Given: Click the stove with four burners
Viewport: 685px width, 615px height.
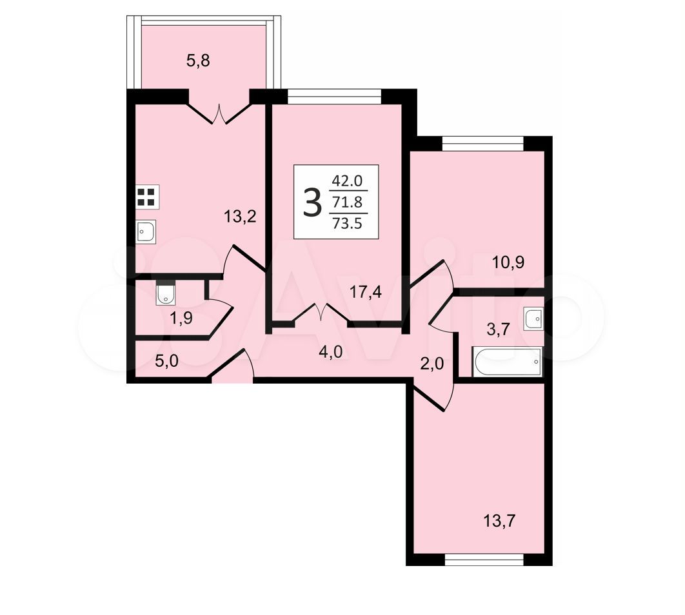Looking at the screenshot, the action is [x=147, y=197].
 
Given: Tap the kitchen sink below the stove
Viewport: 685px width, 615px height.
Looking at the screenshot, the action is [x=146, y=231].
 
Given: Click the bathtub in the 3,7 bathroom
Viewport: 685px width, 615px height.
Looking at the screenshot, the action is [x=507, y=362].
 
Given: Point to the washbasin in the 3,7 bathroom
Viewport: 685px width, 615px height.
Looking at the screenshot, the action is [x=533, y=318].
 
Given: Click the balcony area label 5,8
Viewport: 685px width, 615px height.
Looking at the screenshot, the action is [x=198, y=61].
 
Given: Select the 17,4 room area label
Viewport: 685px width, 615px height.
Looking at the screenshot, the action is [x=366, y=291].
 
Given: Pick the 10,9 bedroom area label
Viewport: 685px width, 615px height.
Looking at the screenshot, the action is [x=508, y=262].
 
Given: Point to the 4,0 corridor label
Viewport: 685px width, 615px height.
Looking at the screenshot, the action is [x=331, y=352].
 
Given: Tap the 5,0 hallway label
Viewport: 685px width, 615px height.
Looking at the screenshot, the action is [x=167, y=362].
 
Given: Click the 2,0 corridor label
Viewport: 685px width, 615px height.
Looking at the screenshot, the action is [x=432, y=363].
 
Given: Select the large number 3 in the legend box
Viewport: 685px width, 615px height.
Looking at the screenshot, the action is [x=312, y=202].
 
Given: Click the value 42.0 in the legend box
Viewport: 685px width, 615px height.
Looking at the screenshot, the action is [x=348, y=181].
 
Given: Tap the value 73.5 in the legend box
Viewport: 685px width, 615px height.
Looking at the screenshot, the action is [x=348, y=223].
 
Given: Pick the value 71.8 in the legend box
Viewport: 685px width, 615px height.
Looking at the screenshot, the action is [x=348, y=202].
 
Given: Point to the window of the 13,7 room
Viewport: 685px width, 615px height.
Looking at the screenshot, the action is [x=484, y=560].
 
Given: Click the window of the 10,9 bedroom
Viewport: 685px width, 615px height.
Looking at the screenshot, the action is [x=482, y=144].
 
